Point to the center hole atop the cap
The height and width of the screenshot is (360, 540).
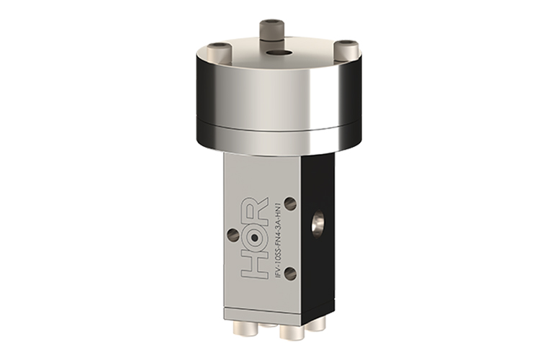[275, 53]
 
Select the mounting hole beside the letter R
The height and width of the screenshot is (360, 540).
[290, 204]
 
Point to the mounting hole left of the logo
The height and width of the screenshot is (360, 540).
[233, 235]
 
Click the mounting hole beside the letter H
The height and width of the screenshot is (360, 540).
[290, 274]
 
